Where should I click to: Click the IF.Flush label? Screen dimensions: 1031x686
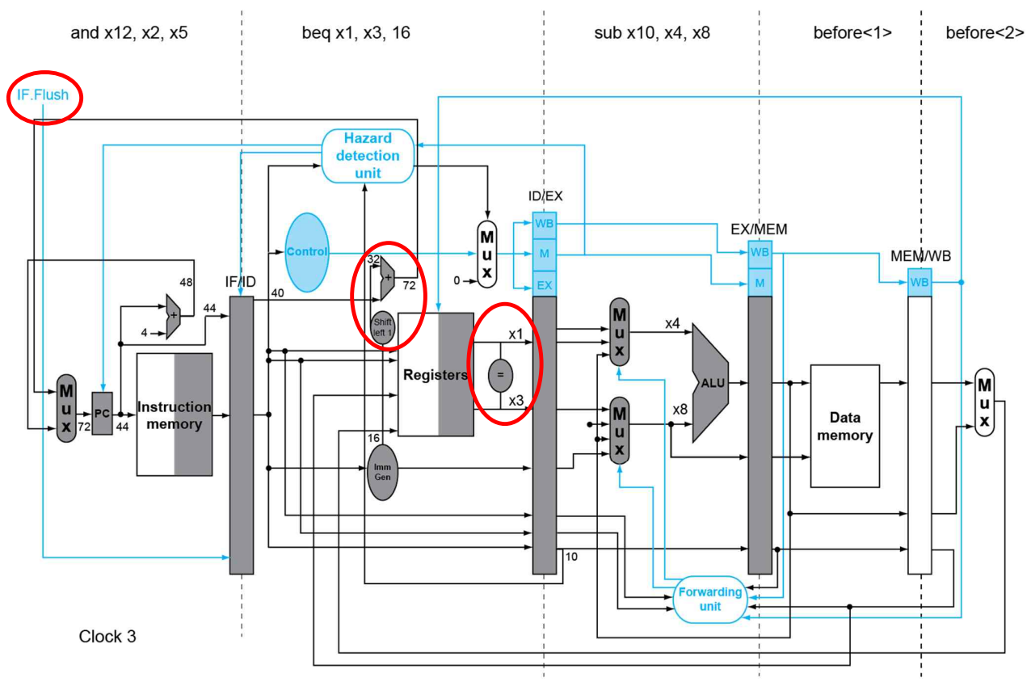(43, 95)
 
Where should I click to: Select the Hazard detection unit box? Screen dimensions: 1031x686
(368, 156)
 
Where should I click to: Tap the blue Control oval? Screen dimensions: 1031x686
(307, 252)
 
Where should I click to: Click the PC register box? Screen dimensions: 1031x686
(102, 414)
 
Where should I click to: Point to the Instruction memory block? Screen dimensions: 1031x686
(175, 415)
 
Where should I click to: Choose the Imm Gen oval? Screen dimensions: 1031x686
(382, 473)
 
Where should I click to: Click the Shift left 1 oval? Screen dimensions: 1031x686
(382, 327)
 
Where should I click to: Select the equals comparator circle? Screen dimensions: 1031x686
(500, 375)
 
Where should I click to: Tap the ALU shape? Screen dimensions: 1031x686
(710, 383)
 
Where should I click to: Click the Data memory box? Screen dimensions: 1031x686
(845, 426)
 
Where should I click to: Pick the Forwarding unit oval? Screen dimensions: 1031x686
(710, 600)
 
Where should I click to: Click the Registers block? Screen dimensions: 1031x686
(436, 374)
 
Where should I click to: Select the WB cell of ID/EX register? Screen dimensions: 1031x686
(545, 224)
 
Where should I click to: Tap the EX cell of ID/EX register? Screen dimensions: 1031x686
(545, 285)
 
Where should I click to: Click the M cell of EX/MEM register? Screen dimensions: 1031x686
(760, 283)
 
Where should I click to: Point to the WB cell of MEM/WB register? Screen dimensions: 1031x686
(919, 282)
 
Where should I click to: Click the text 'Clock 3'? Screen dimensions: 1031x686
(107, 636)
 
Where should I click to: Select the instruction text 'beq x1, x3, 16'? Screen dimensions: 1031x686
(356, 32)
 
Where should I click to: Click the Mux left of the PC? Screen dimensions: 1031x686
(66, 408)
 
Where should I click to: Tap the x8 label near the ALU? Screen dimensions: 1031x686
(680, 410)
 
